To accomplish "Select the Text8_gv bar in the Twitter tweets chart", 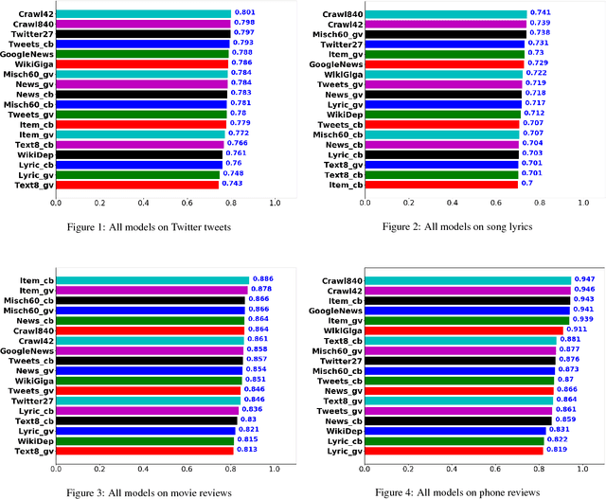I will (x=138, y=185).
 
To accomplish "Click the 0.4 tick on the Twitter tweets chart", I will (x=144, y=203).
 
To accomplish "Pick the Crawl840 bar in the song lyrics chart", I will (x=445, y=14).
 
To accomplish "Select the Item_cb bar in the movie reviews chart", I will (x=152, y=279).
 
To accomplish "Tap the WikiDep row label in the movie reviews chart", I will (x=35, y=440).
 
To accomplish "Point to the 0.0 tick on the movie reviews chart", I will (x=56, y=468).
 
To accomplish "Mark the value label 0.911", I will (x=577, y=330).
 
